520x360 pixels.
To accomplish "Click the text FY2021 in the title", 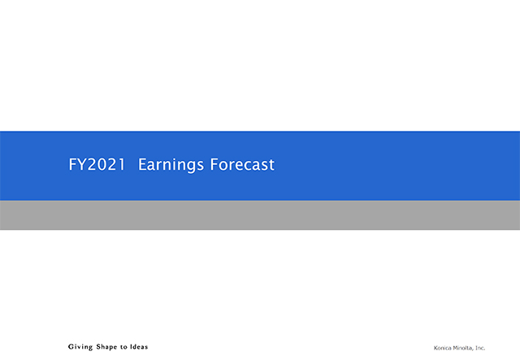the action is [x=97, y=164].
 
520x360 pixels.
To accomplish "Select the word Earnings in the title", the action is [x=171, y=165].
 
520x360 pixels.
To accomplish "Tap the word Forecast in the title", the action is [x=242, y=164].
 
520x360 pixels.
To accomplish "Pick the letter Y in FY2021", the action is [x=81, y=164].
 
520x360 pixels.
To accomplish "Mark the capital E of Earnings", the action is [x=142, y=164].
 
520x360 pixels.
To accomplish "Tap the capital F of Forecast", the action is [x=214, y=164].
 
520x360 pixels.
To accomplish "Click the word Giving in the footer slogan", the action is [x=80, y=347].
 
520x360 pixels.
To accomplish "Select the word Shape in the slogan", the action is [x=106, y=347].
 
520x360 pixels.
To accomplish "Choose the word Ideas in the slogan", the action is [x=139, y=347].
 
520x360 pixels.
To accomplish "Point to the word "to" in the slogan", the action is [x=123, y=347].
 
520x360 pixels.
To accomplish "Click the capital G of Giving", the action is [x=71, y=347].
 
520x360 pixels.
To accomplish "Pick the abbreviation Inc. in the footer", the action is [x=480, y=348].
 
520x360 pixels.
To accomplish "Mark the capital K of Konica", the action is [x=435, y=348].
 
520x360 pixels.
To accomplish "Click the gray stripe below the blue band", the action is [x=260, y=215].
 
